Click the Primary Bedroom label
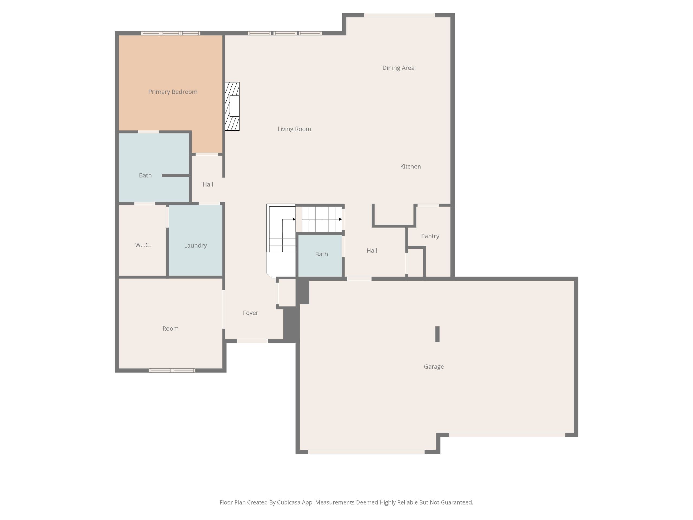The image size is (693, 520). click(x=173, y=92)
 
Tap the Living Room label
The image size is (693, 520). click(x=294, y=129)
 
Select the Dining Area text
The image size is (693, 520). click(x=398, y=68)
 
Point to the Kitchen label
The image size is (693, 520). click(x=410, y=167)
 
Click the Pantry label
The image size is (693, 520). click(x=430, y=236)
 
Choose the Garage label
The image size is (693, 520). click(x=434, y=367)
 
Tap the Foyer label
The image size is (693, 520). click(x=250, y=313)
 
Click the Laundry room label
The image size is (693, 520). click(x=195, y=245)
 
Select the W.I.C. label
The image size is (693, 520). click(x=143, y=245)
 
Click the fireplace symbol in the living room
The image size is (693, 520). click(x=232, y=106)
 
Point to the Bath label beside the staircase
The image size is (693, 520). click(x=321, y=254)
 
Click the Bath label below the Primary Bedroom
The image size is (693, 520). click(x=145, y=175)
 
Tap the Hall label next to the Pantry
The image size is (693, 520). click(x=372, y=251)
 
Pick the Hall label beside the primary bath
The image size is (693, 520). click(x=207, y=184)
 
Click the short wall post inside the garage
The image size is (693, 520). click(x=437, y=334)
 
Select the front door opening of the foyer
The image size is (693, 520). click(x=252, y=341)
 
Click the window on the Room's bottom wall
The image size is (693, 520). click(x=172, y=370)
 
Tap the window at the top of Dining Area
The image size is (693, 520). click(x=400, y=15)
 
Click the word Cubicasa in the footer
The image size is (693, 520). click(x=289, y=502)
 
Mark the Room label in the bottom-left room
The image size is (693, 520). click(x=171, y=329)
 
